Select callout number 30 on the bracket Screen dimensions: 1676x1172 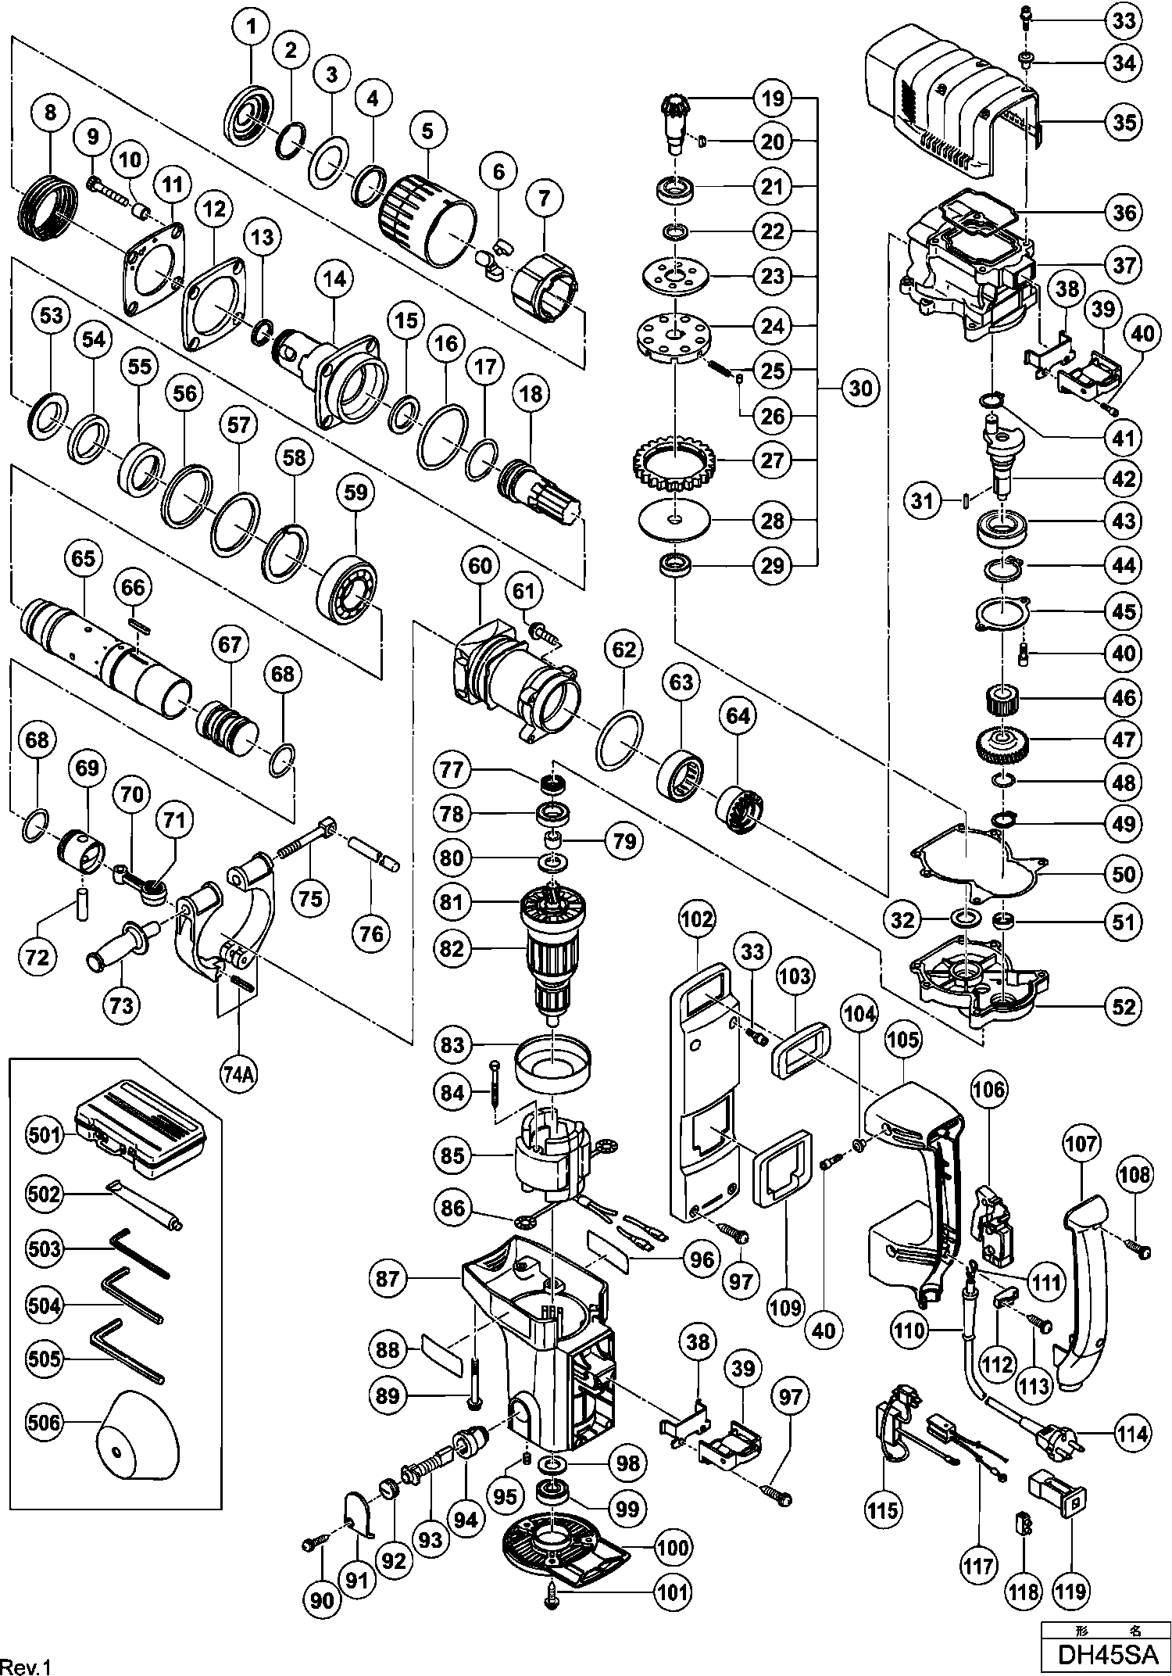coord(860,389)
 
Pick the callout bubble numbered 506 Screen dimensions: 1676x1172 coord(44,1422)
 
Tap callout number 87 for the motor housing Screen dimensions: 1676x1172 coord(388,1279)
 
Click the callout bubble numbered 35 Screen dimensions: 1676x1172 coord(1124,121)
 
